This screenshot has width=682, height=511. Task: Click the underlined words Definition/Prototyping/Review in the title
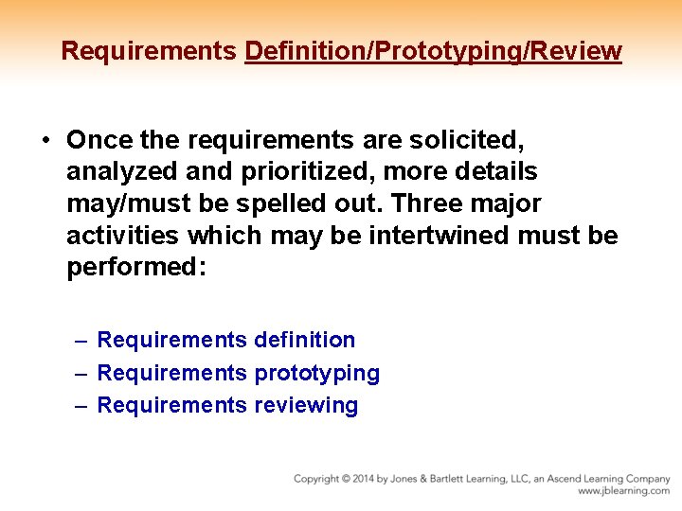(433, 50)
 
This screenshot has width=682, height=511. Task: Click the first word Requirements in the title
(149, 50)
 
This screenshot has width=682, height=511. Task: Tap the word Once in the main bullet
(99, 140)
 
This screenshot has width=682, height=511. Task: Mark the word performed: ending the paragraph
(136, 267)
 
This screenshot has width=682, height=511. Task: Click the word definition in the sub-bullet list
(305, 340)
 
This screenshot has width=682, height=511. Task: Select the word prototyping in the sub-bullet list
(317, 373)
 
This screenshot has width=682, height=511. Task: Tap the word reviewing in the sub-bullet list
(307, 406)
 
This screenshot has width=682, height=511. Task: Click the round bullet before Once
(45, 140)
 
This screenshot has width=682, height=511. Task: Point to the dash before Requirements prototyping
(82, 373)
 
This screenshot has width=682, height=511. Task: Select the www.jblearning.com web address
(623, 491)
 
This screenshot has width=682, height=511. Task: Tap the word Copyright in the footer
(319, 479)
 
